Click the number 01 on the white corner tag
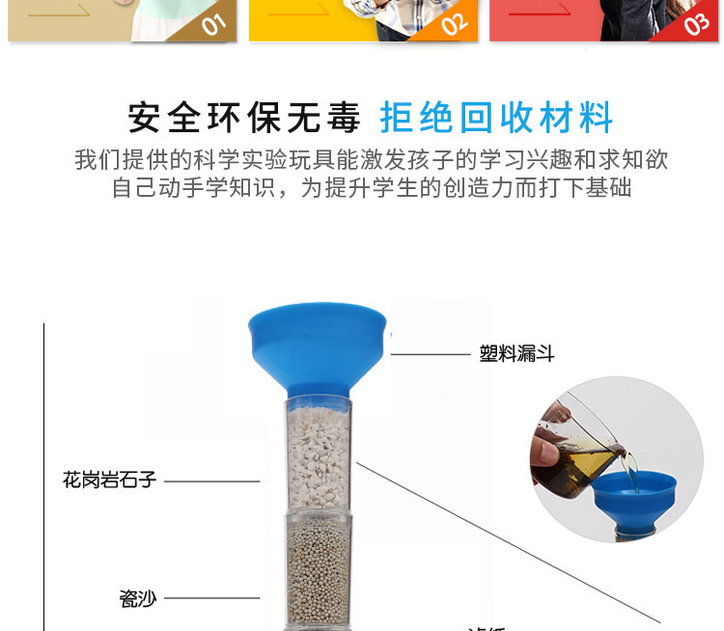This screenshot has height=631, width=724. [214, 23]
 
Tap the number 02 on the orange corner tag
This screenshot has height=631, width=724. [455, 23]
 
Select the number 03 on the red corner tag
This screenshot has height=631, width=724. [697, 23]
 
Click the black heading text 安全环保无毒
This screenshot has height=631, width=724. [244, 118]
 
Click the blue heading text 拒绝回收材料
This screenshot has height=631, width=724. [497, 118]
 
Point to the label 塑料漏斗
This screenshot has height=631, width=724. [516, 354]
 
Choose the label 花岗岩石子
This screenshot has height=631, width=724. [109, 480]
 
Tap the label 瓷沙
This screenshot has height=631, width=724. [137, 598]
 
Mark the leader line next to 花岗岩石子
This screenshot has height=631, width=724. [211, 480]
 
